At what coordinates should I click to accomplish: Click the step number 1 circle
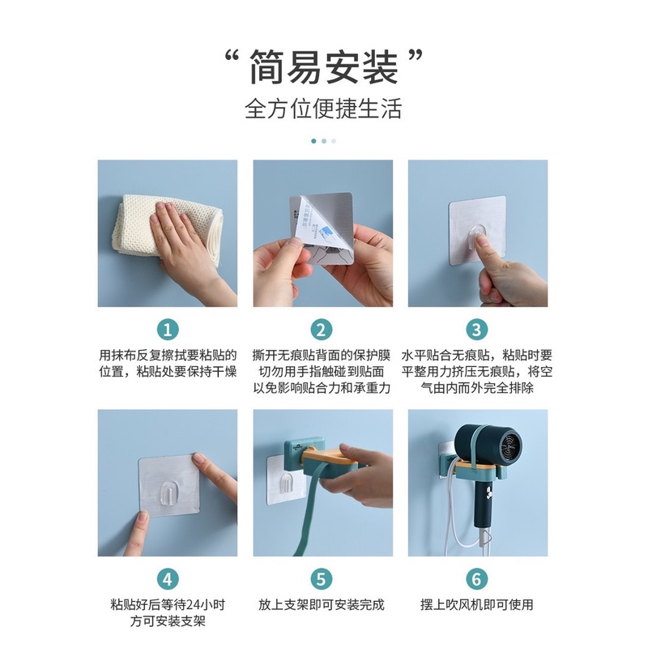167,330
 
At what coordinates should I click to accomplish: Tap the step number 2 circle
322,330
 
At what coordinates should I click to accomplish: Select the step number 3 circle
477,330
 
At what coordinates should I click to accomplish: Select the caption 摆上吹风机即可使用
477,604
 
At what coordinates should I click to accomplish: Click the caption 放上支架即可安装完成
322,604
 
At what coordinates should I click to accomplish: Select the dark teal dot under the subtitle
313,140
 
